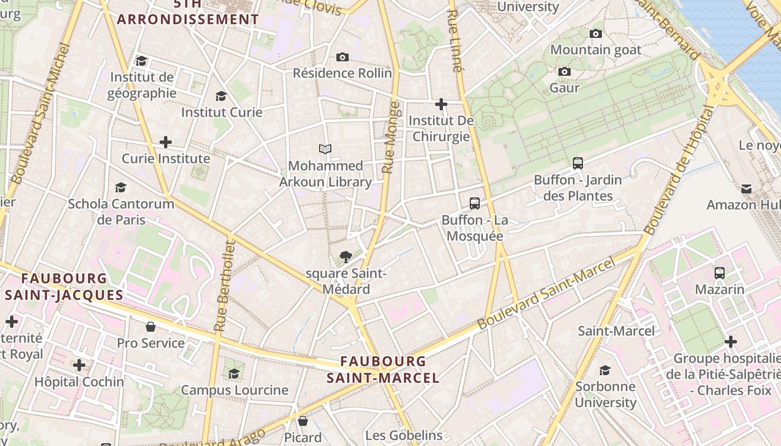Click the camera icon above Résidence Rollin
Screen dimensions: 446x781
point(343,57)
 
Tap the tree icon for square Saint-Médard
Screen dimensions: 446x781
point(346,257)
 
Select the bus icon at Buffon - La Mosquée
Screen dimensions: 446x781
point(475,203)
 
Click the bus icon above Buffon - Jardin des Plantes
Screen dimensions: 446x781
point(578,163)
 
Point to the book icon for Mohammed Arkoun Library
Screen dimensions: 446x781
point(325,149)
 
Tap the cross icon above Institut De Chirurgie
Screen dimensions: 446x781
point(441,104)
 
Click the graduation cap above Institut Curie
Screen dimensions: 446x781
point(221,96)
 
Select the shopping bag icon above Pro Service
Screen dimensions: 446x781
point(150,327)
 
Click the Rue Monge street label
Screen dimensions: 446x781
point(390,137)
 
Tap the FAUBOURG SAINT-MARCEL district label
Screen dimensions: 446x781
point(383,370)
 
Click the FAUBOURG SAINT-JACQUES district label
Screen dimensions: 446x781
point(64,287)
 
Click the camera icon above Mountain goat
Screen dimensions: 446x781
point(596,33)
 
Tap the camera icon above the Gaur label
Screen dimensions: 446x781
point(565,71)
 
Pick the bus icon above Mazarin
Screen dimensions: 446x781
point(720,273)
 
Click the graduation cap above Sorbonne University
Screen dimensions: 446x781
point(605,370)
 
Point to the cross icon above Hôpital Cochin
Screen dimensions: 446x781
point(79,366)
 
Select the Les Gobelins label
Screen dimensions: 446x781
point(404,435)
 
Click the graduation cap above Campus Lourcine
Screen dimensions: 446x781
point(234,374)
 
